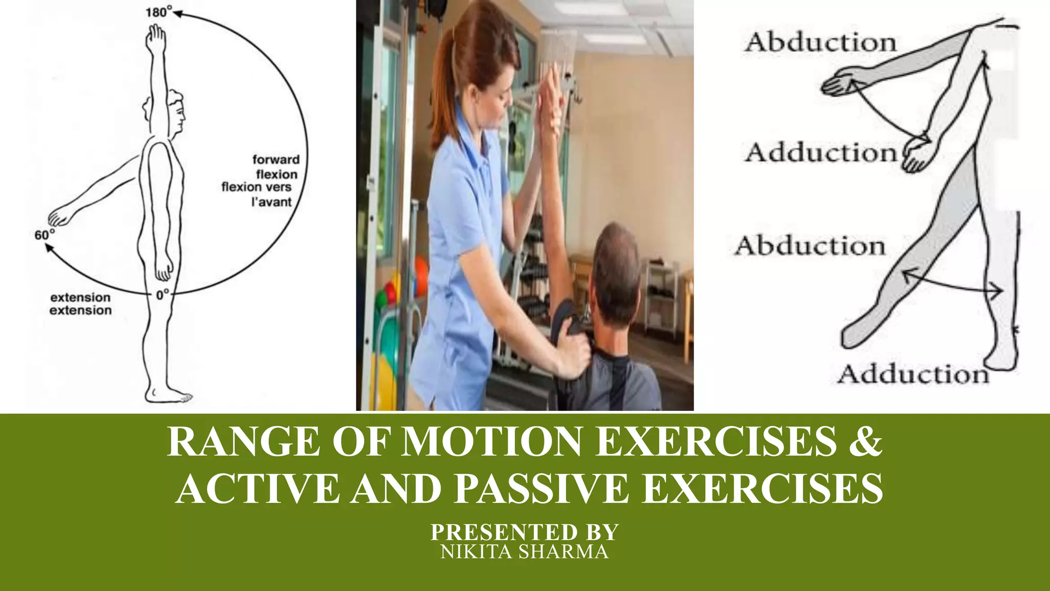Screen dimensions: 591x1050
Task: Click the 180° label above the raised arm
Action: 158,12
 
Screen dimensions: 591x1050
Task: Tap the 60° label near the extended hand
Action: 44,235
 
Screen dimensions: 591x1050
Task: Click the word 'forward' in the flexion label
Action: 276,160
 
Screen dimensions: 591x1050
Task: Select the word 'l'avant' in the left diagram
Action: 271,202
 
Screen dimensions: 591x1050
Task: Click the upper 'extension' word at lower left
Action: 80,298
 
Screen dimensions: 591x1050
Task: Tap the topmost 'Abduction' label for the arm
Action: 820,42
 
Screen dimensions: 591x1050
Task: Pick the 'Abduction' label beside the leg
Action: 810,246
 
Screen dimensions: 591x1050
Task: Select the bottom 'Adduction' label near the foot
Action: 913,375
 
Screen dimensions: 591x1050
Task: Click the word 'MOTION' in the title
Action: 491,442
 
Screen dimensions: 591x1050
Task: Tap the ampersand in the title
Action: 865,442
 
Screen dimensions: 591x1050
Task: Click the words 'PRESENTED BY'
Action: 524,532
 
